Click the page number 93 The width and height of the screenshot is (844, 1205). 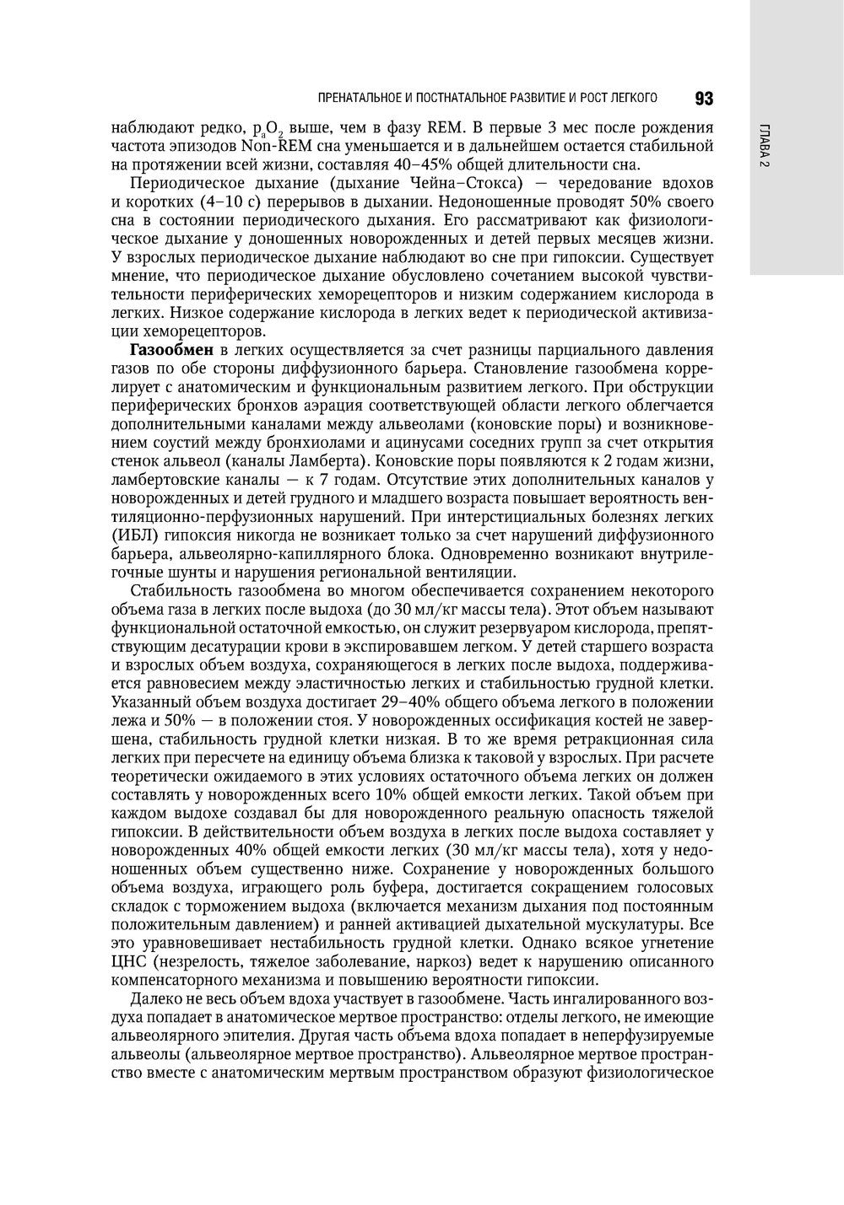tap(704, 100)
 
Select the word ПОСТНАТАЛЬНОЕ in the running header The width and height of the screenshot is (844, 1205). tap(462, 100)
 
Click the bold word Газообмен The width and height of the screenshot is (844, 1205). tap(172, 350)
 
